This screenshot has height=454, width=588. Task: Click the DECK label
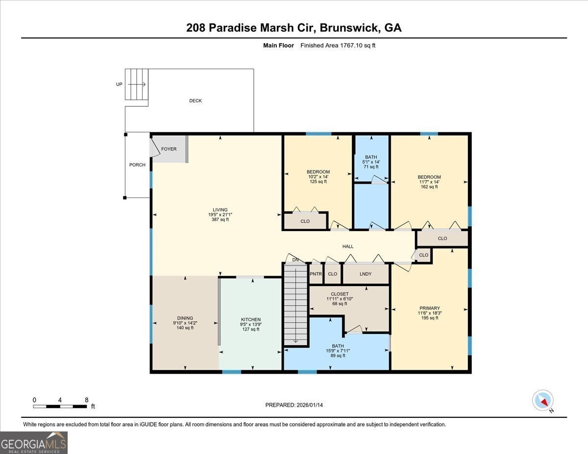196,100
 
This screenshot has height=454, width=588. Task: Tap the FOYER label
169,149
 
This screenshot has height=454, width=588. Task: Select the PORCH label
137,165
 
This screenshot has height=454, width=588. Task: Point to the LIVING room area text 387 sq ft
220,219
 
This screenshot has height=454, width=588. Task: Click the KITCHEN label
251,320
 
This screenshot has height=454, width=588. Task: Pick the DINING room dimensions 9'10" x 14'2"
185,323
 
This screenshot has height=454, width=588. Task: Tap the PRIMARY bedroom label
430,308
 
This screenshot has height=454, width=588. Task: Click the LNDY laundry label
366,274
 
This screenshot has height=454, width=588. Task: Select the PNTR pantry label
316,274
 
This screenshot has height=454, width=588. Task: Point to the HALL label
348,246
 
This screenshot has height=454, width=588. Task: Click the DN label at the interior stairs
295,260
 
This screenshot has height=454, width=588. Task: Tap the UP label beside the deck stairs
119,84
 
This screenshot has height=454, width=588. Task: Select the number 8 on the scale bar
87,400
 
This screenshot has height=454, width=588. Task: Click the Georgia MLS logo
33,443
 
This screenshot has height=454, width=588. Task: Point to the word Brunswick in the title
349,28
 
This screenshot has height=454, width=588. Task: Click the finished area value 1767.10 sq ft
358,46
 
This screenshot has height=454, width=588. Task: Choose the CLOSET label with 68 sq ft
340,294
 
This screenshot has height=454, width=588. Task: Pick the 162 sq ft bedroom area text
429,187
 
